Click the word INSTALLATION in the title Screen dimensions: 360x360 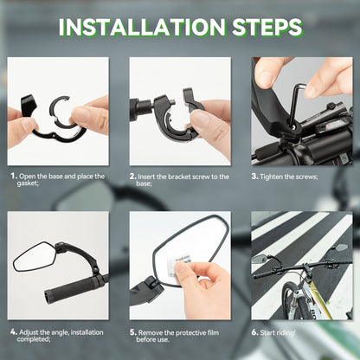[142, 27]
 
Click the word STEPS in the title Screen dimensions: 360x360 [267, 27]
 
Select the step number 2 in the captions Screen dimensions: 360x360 [132, 177]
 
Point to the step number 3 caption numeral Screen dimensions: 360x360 [254, 177]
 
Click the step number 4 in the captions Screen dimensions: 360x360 [14, 332]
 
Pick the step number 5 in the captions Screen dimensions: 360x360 [132, 332]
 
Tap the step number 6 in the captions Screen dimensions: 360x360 [254, 332]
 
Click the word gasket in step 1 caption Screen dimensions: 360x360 [27, 183]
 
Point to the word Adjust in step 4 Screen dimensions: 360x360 [29, 332]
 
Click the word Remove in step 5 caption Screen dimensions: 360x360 [151, 333]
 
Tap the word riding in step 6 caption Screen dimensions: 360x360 [286, 333]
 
